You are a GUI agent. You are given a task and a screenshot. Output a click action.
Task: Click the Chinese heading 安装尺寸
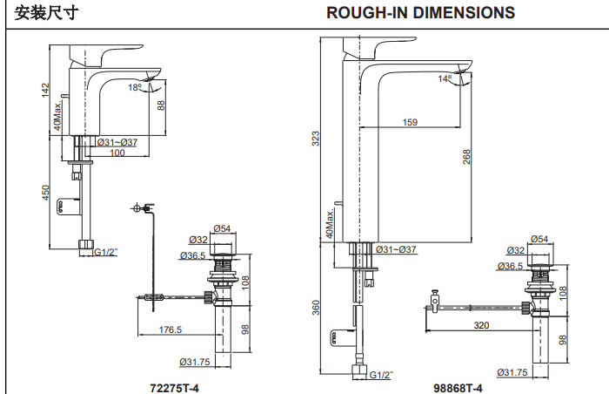pyautogui.click(x=44, y=12)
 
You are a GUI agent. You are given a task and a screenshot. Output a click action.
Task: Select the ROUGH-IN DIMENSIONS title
pyautogui.click(x=420, y=12)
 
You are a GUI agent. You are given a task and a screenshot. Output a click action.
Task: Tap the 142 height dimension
pyautogui.click(x=45, y=92)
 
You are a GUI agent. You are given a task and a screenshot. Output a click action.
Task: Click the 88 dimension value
pyautogui.click(x=160, y=105)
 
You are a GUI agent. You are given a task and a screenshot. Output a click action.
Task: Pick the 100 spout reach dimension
pyautogui.click(x=117, y=153)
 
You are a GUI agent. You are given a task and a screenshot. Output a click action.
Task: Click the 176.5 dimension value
pyautogui.click(x=171, y=329)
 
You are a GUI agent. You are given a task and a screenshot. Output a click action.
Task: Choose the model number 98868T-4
pyautogui.click(x=458, y=384)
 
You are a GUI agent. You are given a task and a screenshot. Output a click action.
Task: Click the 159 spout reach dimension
pyautogui.click(x=409, y=123)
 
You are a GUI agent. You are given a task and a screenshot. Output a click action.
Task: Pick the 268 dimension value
pyautogui.click(x=467, y=156)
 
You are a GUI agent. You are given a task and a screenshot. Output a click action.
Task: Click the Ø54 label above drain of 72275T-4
pyautogui.click(x=223, y=229)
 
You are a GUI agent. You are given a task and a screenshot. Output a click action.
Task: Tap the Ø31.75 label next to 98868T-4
pyautogui.click(x=512, y=372)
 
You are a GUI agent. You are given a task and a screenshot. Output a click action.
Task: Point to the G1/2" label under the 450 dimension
pyautogui.click(x=105, y=252)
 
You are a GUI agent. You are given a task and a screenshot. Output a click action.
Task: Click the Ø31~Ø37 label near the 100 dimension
pyautogui.click(x=117, y=143)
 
